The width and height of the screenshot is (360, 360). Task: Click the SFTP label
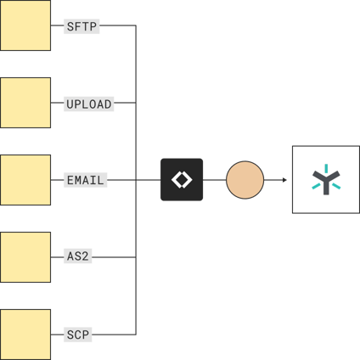pyautogui.click(x=82, y=26)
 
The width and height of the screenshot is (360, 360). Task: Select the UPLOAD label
pyautogui.click(x=89, y=104)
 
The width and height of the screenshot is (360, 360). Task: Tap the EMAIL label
pyautogui.click(x=85, y=180)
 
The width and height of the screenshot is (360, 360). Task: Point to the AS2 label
pyautogui.click(x=79, y=256)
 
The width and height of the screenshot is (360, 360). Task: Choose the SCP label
pyautogui.click(x=78, y=335)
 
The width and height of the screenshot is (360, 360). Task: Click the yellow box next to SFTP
pyautogui.click(x=25, y=25)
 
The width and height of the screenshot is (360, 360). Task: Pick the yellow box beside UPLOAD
pyautogui.click(x=25, y=103)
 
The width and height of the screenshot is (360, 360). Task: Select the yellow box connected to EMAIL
pyautogui.click(x=25, y=180)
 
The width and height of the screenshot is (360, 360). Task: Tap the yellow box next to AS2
pyautogui.click(x=25, y=256)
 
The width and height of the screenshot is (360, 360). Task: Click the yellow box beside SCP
pyautogui.click(x=25, y=334)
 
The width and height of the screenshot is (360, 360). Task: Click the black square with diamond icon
pyautogui.click(x=182, y=180)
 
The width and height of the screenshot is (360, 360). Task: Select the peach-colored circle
pyautogui.click(x=245, y=180)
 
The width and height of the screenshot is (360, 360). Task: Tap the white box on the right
pyautogui.click(x=325, y=179)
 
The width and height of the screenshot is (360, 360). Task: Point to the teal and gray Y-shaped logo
pyautogui.click(x=325, y=180)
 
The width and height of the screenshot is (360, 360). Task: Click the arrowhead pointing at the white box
pyautogui.click(x=284, y=180)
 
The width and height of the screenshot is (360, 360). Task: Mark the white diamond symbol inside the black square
pyautogui.click(x=182, y=180)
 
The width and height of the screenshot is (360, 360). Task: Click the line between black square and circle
pyautogui.click(x=215, y=180)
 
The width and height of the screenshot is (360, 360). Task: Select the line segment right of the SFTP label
pyautogui.click(x=119, y=26)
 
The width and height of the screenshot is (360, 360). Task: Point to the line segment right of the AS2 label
pyautogui.click(x=115, y=256)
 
